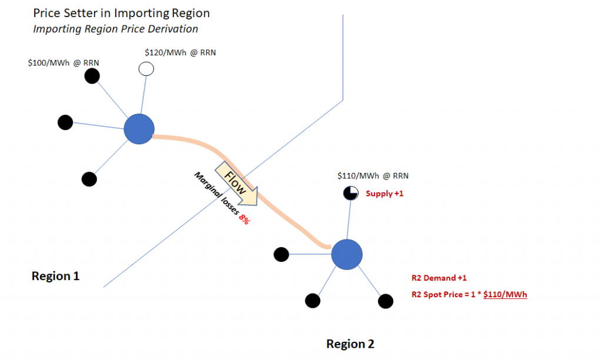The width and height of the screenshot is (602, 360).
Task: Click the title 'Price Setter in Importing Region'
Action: (121, 13)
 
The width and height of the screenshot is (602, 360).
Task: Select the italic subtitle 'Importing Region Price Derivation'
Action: (115, 28)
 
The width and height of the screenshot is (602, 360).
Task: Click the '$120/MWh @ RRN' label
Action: (180, 52)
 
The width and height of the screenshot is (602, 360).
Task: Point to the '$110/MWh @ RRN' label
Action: (373, 175)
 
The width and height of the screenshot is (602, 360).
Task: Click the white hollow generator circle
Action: (146, 69)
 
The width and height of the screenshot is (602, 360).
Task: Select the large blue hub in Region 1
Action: (139, 129)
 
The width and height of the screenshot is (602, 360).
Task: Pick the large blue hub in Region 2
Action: (346, 255)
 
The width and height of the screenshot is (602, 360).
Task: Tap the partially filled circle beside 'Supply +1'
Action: (351, 193)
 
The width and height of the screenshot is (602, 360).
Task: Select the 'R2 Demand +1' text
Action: (439, 278)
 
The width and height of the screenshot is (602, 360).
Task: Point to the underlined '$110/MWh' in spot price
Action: (505, 295)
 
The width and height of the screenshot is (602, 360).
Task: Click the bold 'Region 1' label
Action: (55, 276)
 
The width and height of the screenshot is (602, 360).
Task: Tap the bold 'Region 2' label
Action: (350, 344)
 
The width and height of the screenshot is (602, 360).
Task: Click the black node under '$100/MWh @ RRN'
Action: (92, 75)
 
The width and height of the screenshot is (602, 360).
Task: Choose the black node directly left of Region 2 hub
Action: (282, 254)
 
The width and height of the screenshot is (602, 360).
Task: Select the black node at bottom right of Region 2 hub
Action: (386, 301)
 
